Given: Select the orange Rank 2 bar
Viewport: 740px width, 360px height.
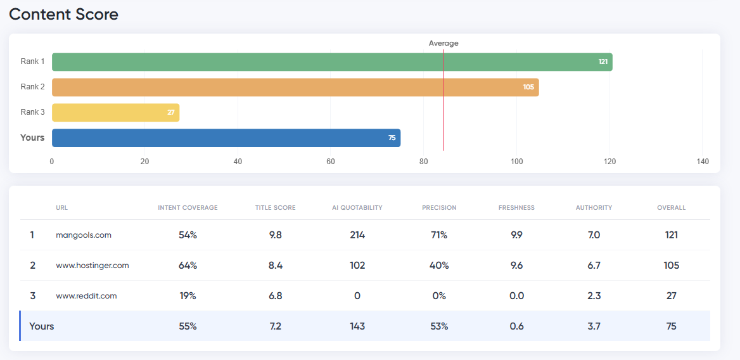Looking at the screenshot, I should point(295,87).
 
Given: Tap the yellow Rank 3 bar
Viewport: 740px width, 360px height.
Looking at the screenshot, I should point(115,113).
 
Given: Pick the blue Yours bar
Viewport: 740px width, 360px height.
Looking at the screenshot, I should point(226,138).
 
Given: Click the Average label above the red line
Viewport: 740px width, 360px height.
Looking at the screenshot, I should point(443,43).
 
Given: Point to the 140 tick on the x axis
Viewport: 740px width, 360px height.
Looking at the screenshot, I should point(703,162).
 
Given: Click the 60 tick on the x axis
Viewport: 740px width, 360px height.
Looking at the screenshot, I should point(331,162).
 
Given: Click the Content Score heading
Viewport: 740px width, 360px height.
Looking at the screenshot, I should point(63,14).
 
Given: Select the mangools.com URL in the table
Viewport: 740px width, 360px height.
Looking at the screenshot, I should point(84,235).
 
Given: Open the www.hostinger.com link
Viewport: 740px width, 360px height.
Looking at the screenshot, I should point(92,266).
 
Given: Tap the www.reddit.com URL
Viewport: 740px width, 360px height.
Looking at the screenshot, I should point(86,296).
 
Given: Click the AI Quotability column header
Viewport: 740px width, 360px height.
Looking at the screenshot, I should point(357,208).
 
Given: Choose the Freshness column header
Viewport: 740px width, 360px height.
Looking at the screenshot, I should point(516,208).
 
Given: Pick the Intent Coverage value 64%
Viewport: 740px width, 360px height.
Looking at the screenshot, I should point(188,266).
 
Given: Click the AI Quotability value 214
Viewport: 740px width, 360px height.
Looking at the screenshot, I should point(357,235).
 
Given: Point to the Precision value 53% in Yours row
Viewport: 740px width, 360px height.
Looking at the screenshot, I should point(439,326).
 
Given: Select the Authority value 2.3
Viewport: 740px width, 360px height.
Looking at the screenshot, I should point(594,296).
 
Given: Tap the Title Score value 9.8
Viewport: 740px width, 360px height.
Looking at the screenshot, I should point(275,235).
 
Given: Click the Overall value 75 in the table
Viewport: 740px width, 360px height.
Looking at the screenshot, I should point(672,326).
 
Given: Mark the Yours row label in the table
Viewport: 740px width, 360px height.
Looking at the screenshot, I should point(42,326).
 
